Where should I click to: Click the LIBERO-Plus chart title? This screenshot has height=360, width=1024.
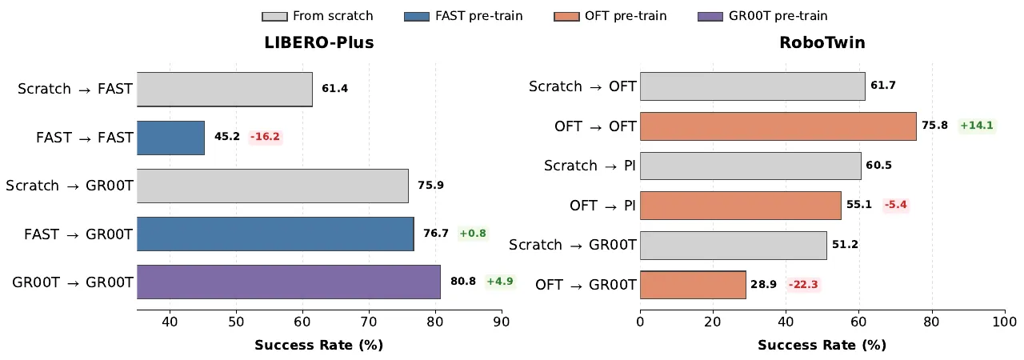[319, 42]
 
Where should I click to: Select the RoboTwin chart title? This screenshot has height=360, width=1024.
[822, 42]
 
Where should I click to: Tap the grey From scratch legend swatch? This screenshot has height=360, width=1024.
[274, 17]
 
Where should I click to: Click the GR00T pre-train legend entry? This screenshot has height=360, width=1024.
[762, 16]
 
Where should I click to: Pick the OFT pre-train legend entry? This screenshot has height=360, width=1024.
[610, 16]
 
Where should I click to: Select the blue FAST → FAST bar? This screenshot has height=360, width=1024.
[170, 138]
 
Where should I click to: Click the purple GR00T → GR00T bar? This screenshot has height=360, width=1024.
[289, 282]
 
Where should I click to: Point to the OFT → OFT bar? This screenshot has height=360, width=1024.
[778, 126]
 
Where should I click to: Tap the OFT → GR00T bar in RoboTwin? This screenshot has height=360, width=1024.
[693, 285]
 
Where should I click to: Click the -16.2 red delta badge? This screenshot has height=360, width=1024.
[265, 137]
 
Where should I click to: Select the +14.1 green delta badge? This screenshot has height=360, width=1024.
[977, 125]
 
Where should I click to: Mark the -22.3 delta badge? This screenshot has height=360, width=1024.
[803, 284]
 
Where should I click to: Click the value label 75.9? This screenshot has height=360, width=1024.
[430, 185]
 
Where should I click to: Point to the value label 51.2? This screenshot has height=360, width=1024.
[845, 245]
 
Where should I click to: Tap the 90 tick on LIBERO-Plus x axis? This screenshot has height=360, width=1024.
[502, 322]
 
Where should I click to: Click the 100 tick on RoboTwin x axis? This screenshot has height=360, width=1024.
[1004, 322]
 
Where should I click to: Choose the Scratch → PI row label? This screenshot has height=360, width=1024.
[590, 166]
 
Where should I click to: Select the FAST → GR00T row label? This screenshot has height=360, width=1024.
[78, 234]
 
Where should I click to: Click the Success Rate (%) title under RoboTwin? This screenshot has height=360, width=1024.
[822, 345]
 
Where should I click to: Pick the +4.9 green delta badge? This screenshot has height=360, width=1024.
[500, 281]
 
